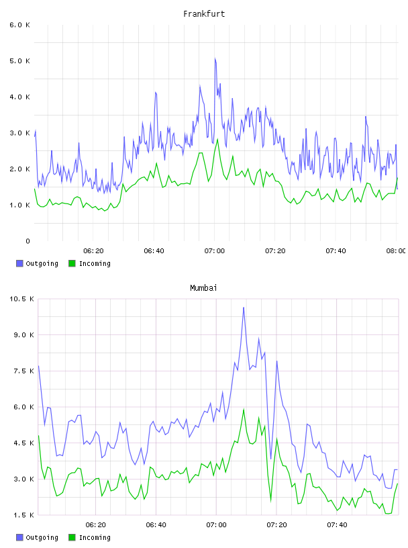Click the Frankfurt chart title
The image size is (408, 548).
pos(204,14)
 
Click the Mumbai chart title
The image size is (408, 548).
pos(203,288)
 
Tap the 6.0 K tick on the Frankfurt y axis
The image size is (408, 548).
pos(19,25)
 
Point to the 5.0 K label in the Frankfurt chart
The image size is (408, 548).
pos(19,61)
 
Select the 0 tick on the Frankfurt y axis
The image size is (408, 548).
pos(28,241)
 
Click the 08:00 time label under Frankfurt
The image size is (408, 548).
pos(396,251)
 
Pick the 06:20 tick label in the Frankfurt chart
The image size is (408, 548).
pos(93,251)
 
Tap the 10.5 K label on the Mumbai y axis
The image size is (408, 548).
pos(21,299)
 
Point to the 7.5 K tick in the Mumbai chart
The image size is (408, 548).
pos(23,371)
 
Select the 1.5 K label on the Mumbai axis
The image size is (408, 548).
pos(23,515)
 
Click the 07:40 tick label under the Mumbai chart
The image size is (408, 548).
pos(337,525)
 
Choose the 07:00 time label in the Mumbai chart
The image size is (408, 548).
pos(216,525)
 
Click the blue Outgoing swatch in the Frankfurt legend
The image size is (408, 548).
pos(19,263)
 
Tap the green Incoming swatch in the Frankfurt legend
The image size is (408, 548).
pos(72,263)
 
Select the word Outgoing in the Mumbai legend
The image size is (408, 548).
pos(42,537)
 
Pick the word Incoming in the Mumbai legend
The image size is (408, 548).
pos(95,537)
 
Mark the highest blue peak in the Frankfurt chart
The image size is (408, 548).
pos(215,58)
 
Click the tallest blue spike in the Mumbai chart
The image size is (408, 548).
pos(244,308)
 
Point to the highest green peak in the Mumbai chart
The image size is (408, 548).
pos(244,409)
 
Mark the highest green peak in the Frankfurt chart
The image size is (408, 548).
pos(217,139)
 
